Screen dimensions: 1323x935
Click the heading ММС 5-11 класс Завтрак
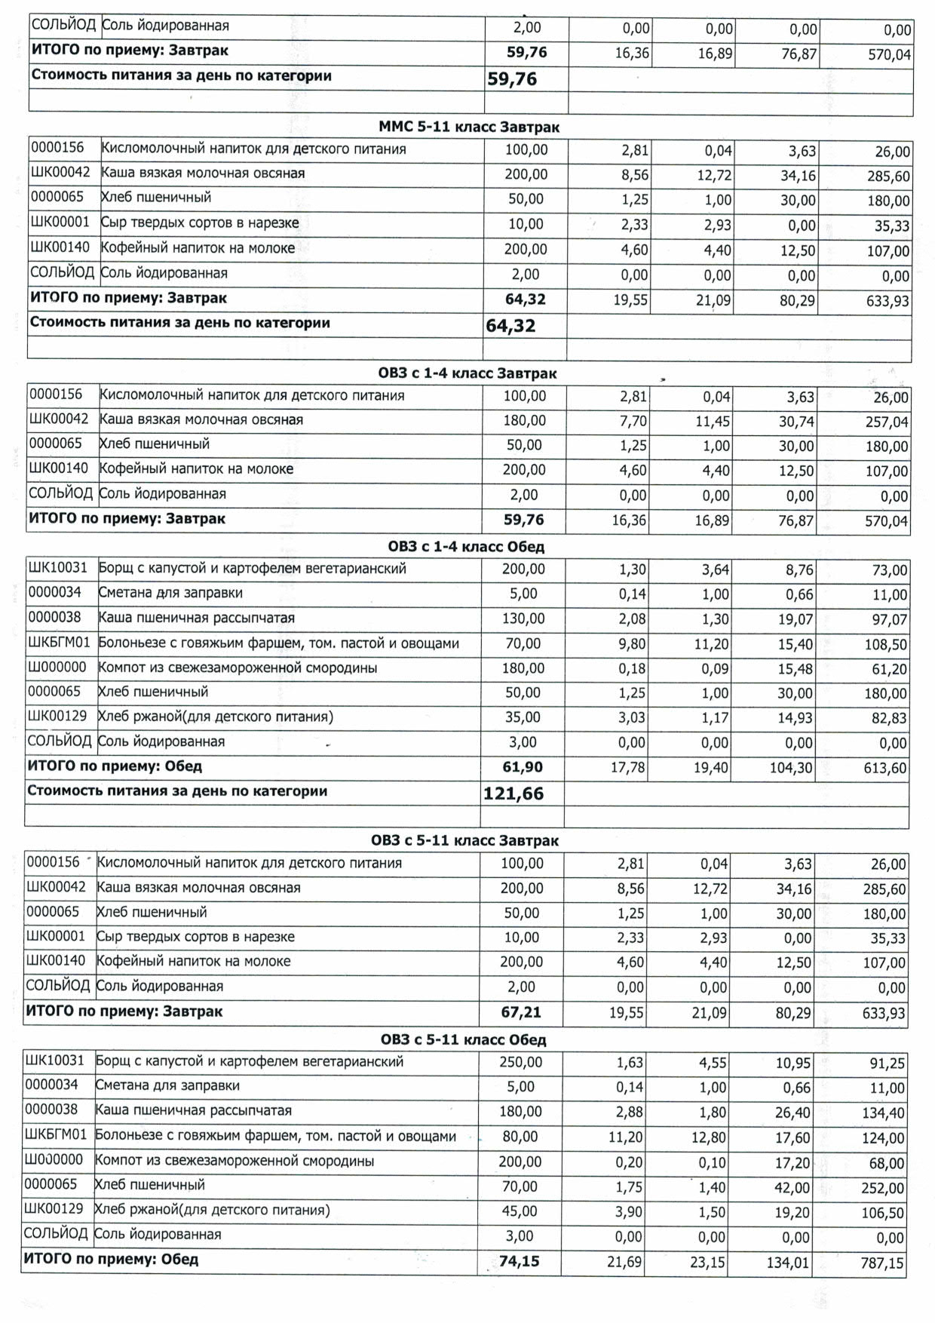pos(468,127)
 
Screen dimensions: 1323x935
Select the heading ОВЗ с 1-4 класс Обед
pos(466,547)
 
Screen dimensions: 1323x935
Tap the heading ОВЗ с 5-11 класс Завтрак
pos(464,841)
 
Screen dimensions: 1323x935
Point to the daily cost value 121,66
pos(513,793)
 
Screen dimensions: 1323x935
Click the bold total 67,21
pos(521,1012)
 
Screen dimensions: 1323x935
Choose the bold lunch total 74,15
pos(520,1261)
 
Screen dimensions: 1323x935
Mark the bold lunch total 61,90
pos(522,768)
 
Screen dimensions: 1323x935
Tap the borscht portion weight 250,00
pos(521,1063)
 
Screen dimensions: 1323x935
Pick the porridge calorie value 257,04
pos(887,422)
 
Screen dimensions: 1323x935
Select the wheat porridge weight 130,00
pos(523,619)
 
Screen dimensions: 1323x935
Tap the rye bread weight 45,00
pos(520,1211)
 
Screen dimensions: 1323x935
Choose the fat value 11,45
pos(713,422)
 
